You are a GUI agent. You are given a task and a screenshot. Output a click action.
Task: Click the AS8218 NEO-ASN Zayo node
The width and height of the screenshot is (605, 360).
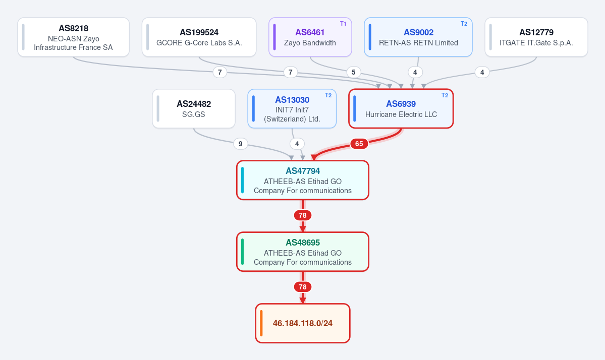[x=73, y=37]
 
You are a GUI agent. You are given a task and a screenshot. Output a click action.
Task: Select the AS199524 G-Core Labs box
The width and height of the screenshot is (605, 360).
[x=199, y=37]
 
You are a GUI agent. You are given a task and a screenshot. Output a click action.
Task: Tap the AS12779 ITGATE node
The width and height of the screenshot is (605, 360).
[x=536, y=37]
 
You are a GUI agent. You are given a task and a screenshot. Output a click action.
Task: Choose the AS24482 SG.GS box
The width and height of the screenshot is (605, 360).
[x=194, y=109]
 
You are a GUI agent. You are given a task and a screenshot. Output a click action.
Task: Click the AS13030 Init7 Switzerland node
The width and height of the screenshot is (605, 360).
[x=292, y=109]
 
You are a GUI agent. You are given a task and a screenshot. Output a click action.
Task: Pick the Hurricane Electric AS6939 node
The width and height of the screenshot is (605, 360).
[x=401, y=109]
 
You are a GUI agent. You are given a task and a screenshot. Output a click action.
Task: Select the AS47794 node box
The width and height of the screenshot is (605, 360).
[x=303, y=181]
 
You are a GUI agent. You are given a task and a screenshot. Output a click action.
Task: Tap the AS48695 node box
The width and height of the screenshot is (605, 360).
[x=303, y=252]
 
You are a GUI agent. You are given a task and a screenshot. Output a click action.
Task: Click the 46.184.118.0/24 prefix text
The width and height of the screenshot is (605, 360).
[x=303, y=323]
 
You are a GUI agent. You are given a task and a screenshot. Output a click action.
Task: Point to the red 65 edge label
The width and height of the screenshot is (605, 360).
[x=359, y=144]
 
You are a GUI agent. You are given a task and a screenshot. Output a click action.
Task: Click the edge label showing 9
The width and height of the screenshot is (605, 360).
[x=240, y=144]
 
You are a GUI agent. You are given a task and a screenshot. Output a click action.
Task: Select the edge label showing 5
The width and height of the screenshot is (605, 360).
[x=353, y=72]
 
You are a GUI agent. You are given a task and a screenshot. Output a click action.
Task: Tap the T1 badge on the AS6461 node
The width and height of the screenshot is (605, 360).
[x=343, y=24]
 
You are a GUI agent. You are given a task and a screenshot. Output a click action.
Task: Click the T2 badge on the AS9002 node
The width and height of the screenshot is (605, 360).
[x=464, y=24]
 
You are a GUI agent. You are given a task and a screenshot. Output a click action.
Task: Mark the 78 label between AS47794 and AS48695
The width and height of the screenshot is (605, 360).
[x=303, y=215]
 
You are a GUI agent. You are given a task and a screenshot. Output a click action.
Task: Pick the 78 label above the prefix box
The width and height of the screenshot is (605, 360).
[x=303, y=287]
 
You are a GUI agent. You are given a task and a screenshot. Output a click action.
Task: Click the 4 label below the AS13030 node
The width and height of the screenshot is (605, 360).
[x=297, y=144]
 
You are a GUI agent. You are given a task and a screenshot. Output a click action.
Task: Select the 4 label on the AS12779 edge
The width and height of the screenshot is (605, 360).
[x=482, y=72]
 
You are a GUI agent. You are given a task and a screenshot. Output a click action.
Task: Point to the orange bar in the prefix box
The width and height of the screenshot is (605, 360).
[x=261, y=323]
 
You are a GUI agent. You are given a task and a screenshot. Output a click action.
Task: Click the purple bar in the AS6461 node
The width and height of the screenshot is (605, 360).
[x=274, y=37]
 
